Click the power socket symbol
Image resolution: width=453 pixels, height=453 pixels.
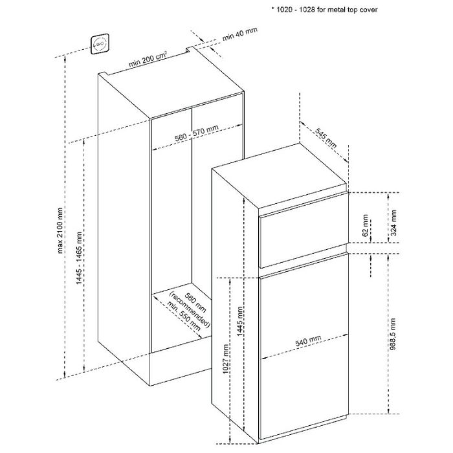tap(100, 44)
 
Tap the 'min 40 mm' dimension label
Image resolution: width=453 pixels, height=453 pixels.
tap(239, 34)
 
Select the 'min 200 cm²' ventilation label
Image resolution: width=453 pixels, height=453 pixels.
tap(148, 59)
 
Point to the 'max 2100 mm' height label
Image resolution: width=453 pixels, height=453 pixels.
tap(60, 230)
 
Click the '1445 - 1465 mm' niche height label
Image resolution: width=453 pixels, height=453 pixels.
tap(79, 258)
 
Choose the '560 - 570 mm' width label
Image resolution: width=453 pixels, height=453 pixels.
tap(197, 133)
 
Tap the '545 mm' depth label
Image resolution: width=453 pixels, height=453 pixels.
tap(326, 138)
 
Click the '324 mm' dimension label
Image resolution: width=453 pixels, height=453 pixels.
tap(393, 223)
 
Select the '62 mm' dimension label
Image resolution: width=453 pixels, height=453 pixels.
tap(365, 225)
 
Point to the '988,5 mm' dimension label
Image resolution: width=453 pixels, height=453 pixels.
tap(392, 334)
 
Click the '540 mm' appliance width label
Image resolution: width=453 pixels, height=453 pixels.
tap(308, 341)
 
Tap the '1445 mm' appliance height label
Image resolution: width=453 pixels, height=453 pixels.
tap(240, 322)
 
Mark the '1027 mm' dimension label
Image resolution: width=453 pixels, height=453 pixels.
tap(226, 359)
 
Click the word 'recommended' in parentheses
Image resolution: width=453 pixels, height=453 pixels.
tap(190, 310)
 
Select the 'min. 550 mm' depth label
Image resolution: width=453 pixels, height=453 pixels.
tap(183, 316)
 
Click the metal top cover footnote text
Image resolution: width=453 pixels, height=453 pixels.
tap(324, 10)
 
